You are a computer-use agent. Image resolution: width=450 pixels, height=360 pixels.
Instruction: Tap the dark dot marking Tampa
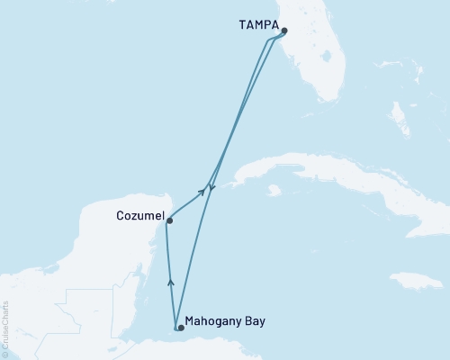pyautogui.click(x=283, y=31)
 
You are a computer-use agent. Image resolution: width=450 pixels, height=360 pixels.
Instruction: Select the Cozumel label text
pyautogui.click(x=139, y=216)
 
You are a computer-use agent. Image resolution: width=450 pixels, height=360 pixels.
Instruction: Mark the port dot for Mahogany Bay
pyautogui.click(x=181, y=328)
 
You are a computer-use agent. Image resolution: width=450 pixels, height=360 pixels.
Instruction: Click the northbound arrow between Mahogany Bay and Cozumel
pyautogui.click(x=170, y=283)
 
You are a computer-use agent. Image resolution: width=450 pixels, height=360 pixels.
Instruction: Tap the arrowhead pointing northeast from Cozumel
pyautogui.click(x=202, y=193)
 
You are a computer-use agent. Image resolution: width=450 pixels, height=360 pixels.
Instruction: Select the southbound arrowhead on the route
pyautogui.click(x=211, y=188)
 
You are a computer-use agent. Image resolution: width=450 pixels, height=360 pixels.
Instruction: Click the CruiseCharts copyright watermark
pyautogui.click(x=5, y=328)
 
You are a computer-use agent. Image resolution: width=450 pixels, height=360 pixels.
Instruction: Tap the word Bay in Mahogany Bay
pyautogui.click(x=255, y=320)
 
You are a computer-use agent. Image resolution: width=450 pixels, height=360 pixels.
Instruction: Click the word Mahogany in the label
pyautogui.click(x=212, y=320)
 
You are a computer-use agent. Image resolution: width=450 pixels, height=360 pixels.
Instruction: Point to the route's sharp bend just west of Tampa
pyautogui.click(x=267, y=40)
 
